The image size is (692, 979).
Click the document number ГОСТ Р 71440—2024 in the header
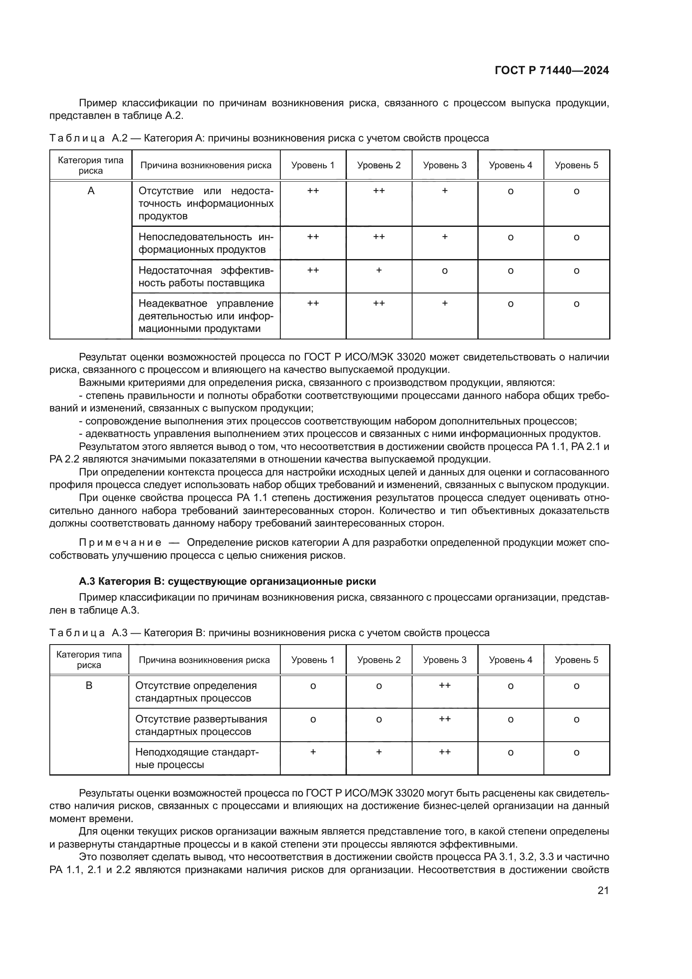[551, 71]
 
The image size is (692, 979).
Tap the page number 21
[603, 890]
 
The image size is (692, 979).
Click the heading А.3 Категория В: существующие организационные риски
[227, 581]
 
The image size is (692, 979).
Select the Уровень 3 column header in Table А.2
[444, 165]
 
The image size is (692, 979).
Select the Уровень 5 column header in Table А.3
[576, 660]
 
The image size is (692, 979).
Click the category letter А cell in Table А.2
[91, 191]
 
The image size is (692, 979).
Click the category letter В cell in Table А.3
[89, 686]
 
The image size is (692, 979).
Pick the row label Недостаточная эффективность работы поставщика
[206, 277]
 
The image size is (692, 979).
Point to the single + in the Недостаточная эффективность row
[379, 270]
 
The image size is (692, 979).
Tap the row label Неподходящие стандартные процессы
[197, 758]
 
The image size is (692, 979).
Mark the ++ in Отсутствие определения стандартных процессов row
[444, 685]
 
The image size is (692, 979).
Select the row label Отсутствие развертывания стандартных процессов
[201, 725]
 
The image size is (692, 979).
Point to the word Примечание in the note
[120, 543]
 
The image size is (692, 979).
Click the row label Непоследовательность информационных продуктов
[206, 243]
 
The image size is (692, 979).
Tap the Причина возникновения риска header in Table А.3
[204, 660]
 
